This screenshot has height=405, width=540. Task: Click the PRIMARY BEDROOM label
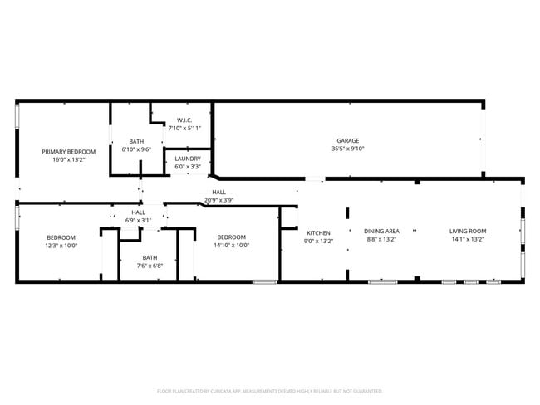[x=69, y=152]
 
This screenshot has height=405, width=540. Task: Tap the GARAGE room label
[x=348, y=140]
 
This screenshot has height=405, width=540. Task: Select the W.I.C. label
[x=185, y=120]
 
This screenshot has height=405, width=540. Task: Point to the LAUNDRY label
[x=187, y=159]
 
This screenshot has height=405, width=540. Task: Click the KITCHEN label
[x=319, y=232]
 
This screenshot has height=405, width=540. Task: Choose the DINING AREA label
[x=383, y=232]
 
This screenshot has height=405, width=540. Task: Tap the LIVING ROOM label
[x=468, y=232]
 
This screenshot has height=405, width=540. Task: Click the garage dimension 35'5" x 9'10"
[x=348, y=149]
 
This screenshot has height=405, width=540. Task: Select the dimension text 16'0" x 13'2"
[x=69, y=160]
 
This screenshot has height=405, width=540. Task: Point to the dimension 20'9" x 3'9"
[x=219, y=200]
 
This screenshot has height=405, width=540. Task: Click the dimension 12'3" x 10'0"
[x=61, y=245]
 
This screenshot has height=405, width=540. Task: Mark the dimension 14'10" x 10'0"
[x=231, y=245]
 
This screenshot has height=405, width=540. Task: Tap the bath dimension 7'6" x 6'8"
[x=150, y=266]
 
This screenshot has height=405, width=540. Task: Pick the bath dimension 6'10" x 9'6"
[x=136, y=149]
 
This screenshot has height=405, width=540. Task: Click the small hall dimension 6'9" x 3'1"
[x=138, y=220]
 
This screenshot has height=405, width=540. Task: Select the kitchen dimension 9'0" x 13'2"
[x=319, y=241]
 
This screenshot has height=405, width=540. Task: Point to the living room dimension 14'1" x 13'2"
[x=468, y=240]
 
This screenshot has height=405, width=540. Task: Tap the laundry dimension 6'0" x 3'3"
[x=187, y=167]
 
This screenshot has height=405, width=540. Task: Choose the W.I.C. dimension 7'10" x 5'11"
[x=185, y=128]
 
